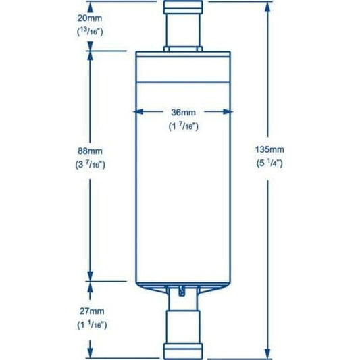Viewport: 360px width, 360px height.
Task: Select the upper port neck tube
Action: click(182, 32)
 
